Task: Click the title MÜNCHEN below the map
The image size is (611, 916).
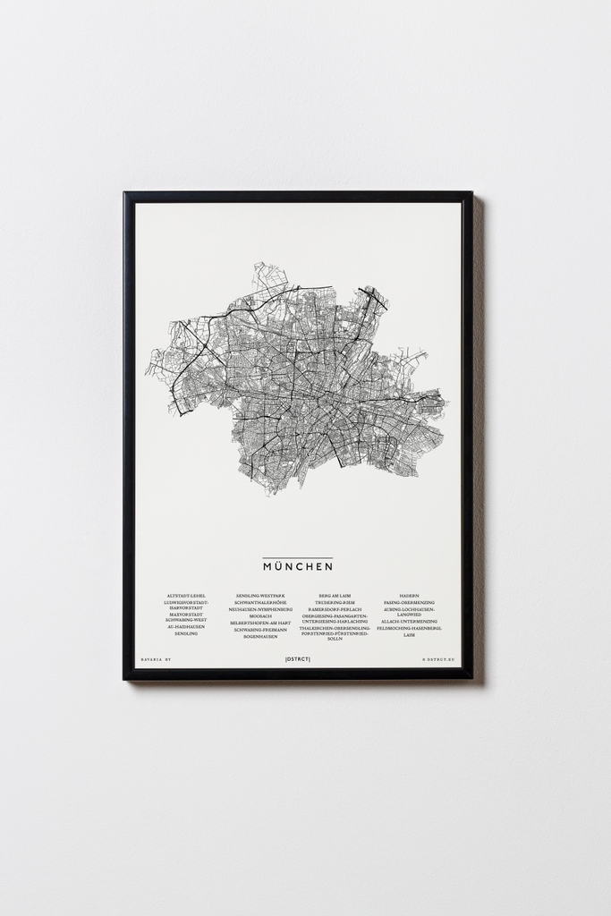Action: pyautogui.click(x=298, y=566)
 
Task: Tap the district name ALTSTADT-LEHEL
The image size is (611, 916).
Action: pyautogui.click(x=186, y=596)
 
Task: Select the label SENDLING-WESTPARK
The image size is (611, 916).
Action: pyautogui.click(x=259, y=596)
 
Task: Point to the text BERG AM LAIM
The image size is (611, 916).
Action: pyautogui.click(x=335, y=596)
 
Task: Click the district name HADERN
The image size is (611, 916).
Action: pyautogui.click(x=409, y=596)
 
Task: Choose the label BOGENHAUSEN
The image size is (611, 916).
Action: pyautogui.click(x=259, y=636)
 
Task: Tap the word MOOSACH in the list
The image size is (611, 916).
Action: pyautogui.click(x=259, y=616)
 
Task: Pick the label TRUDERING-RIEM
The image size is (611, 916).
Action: pyautogui.click(x=335, y=603)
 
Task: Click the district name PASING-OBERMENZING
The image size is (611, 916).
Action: pyautogui.click(x=409, y=603)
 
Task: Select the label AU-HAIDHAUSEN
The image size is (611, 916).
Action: pyautogui.click(x=186, y=626)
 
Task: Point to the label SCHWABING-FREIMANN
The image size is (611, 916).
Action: pyautogui.click(x=259, y=630)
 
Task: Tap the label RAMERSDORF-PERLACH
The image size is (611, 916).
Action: pyautogui.click(x=335, y=609)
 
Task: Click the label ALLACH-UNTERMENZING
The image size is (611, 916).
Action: pyautogui.click(x=409, y=621)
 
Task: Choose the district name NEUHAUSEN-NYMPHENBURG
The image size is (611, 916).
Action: pyautogui.click(x=259, y=609)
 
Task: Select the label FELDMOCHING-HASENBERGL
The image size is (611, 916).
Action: pyautogui.click(x=409, y=628)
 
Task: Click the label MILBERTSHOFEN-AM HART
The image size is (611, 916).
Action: pyautogui.click(x=259, y=623)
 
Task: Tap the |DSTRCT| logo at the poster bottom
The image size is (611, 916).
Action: pyautogui.click(x=298, y=659)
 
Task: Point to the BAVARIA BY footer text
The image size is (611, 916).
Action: pyautogui.click(x=156, y=659)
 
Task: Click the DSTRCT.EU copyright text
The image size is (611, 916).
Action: pyautogui.click(x=438, y=659)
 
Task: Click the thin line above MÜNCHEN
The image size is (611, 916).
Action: pyautogui.click(x=298, y=557)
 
